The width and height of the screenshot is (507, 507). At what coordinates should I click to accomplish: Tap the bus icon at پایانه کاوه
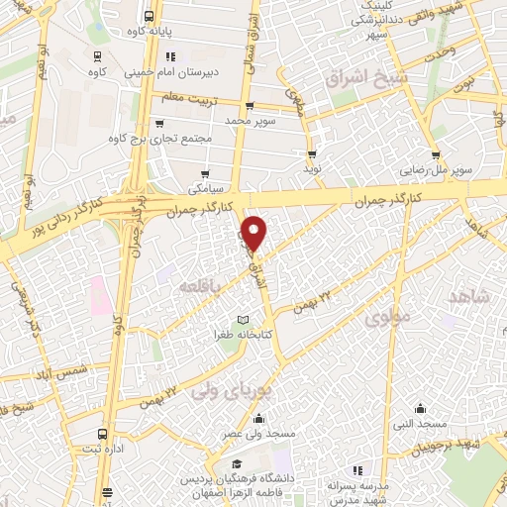pos(149,17)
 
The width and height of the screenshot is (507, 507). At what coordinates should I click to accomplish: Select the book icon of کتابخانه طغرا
pos(243,320)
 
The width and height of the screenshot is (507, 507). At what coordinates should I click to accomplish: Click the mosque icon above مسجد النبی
pos(420,407)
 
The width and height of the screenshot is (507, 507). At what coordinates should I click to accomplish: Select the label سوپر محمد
pos(250,119)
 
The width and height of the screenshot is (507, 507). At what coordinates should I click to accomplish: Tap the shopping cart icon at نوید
pos(312,154)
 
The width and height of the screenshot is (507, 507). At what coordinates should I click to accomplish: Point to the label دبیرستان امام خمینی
pos(167,71)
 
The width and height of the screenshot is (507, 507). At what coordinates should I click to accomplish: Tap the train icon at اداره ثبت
pos(103,434)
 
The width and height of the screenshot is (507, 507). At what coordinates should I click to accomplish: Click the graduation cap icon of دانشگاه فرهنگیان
pos(236,464)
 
